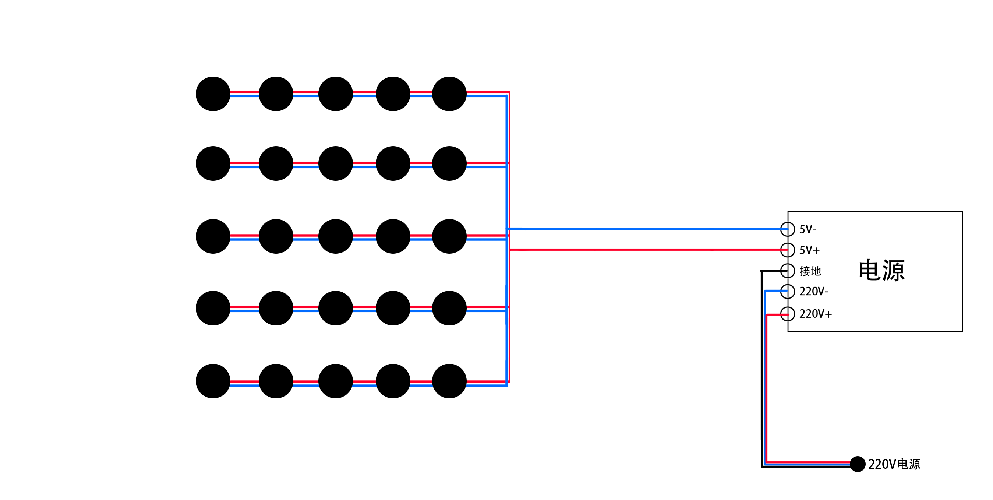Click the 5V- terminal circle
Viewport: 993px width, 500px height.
pos(787,229)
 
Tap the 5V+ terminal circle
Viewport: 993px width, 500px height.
pos(787,250)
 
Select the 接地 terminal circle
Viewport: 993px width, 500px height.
pos(787,271)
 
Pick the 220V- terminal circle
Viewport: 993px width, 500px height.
pos(787,292)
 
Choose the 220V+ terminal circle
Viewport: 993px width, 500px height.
pos(787,313)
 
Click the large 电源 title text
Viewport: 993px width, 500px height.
pos(881,270)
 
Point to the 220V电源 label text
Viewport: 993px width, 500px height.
pos(894,464)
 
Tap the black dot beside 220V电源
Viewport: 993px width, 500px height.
pos(857,464)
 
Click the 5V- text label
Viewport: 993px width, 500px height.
pos(808,230)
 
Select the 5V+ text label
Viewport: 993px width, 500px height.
pos(809,251)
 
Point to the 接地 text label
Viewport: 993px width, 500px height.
pos(810,271)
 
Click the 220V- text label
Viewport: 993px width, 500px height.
pos(814,292)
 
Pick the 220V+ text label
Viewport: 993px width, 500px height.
pos(815,314)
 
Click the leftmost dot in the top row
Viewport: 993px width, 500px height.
pos(213,94)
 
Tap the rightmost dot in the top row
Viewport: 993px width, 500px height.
pos(449,94)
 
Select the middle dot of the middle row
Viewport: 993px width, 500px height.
pos(335,236)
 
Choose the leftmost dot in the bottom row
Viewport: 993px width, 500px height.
pos(213,381)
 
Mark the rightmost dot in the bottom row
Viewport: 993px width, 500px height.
pos(449,381)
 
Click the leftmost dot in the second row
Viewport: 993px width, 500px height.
pos(213,163)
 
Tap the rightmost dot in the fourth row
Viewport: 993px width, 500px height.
pos(449,308)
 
